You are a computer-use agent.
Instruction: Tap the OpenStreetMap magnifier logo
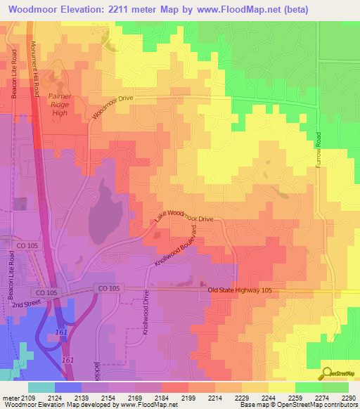click(328, 374)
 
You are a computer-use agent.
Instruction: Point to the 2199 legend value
click(170, 398)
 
